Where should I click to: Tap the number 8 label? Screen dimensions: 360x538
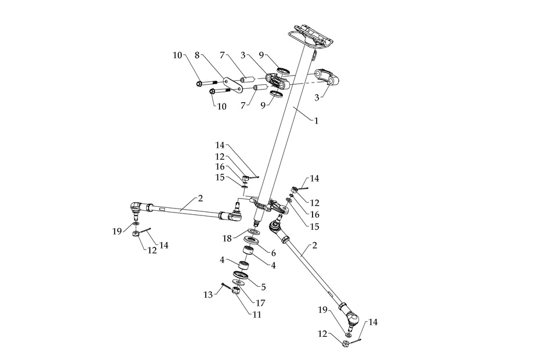(198, 56)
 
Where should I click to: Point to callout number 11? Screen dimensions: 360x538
(256, 314)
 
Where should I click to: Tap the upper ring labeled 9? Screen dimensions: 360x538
(284, 71)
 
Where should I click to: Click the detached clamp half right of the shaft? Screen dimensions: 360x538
(327, 77)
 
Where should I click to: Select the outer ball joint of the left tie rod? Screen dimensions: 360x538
(134, 207)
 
